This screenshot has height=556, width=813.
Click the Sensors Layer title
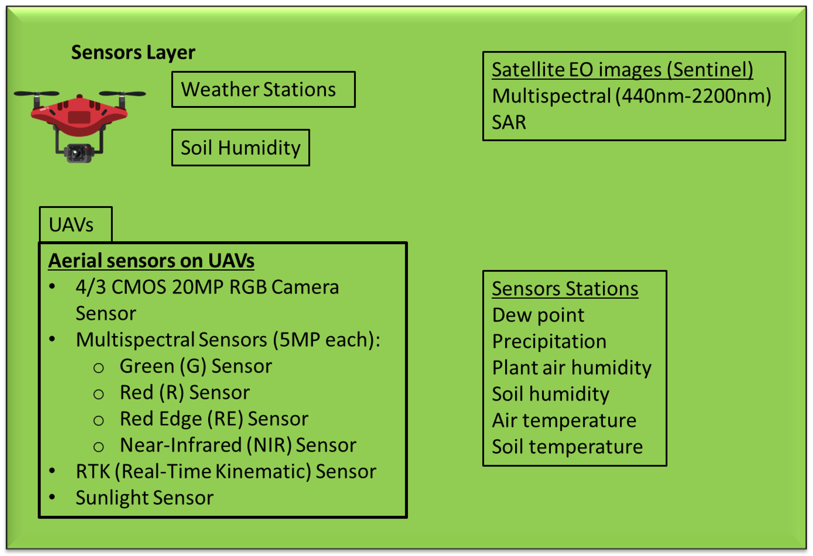133,52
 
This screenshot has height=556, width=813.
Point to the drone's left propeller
36,94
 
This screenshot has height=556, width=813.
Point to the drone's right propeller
123,94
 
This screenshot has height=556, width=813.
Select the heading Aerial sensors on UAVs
151,261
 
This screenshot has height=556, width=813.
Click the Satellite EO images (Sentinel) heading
622,69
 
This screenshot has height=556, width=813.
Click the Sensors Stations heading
565,289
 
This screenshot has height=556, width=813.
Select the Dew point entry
538,315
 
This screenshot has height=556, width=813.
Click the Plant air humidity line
571,368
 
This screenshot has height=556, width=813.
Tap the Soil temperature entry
567,447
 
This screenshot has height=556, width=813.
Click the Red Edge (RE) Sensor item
214,419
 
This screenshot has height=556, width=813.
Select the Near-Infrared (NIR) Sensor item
238,445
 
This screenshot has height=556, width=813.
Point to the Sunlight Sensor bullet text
144,498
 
